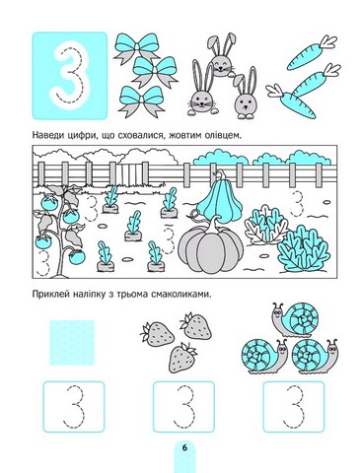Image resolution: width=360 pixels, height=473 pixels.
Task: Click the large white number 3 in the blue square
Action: click(70, 76)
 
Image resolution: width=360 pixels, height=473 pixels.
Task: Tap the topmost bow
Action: click(137, 46)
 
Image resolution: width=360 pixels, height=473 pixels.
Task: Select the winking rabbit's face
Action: click(200, 101)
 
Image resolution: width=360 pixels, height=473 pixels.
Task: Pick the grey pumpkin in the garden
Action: click(210, 248)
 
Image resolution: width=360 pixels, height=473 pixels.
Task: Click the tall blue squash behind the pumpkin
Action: click(219, 201)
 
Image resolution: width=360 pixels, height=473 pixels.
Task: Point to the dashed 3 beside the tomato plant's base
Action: click(42, 263)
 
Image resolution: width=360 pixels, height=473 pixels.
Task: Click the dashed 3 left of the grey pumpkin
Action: click(168, 239)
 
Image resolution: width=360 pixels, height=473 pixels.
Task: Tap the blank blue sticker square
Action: click(72, 343)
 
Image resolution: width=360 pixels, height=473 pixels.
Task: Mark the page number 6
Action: click(184, 447)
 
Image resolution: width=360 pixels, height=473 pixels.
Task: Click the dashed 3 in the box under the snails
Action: click(294, 406)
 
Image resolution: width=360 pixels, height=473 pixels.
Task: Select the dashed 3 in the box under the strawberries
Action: click(183, 406)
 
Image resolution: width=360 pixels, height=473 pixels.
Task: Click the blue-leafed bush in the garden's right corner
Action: click(304, 249)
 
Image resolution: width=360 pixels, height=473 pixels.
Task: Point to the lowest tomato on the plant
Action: click(77, 256)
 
